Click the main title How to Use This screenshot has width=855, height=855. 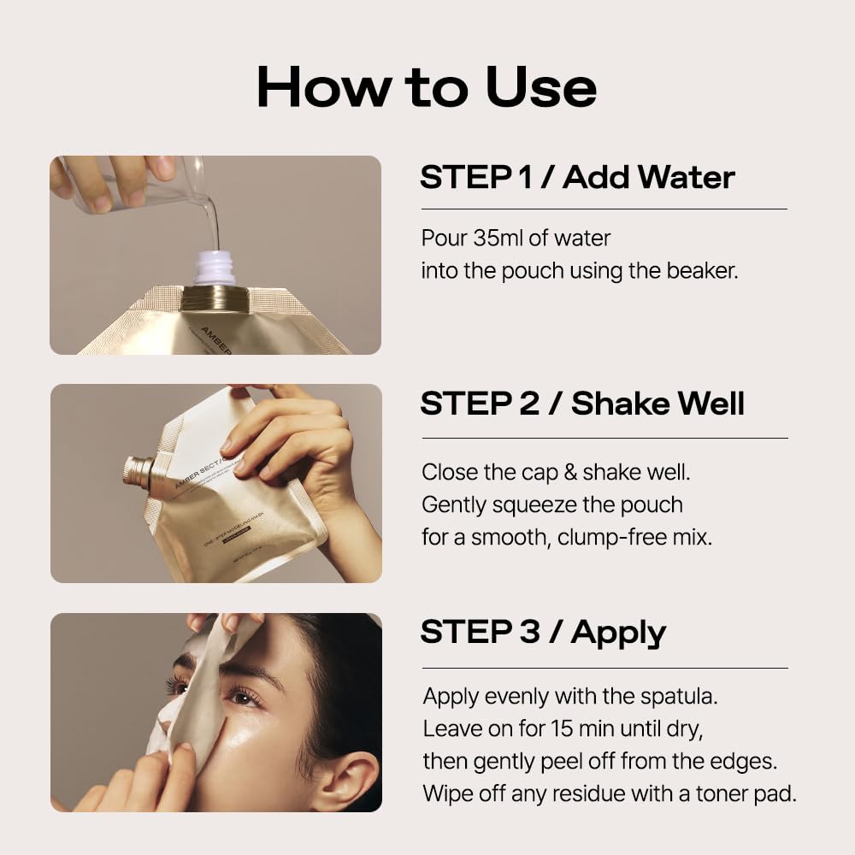click(427, 87)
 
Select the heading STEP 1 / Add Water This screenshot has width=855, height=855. click(577, 177)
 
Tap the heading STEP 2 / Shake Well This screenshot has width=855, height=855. click(582, 404)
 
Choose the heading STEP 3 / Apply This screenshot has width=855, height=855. click(543, 632)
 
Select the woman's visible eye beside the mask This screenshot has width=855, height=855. click(245, 697)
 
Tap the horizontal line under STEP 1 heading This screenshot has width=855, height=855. click(604, 209)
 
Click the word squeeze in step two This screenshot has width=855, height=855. click(534, 504)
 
